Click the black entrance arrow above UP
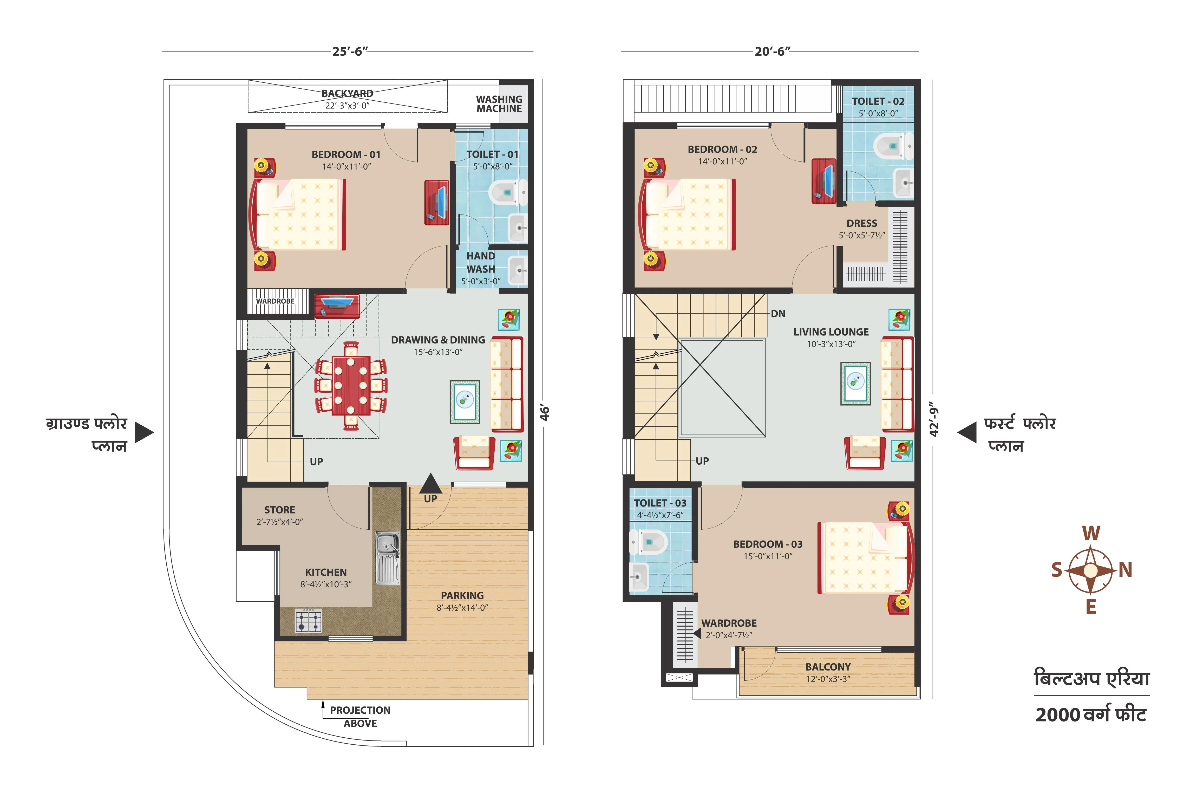pos(430,483)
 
